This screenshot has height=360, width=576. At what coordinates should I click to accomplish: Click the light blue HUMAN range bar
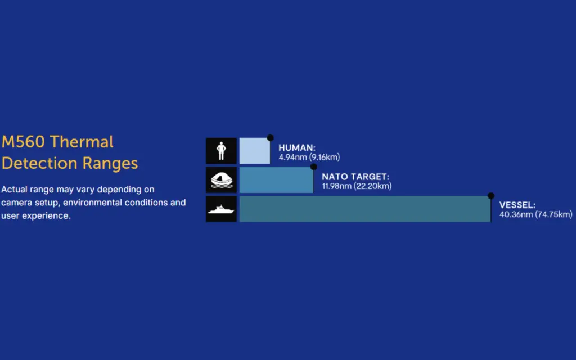tap(255, 151)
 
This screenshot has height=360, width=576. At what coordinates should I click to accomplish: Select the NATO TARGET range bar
tap(276, 179)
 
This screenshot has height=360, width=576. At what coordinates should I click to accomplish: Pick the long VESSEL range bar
tap(365, 209)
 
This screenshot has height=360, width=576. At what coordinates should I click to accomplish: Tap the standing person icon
tap(221, 151)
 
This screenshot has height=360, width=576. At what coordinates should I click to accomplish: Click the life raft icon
tap(221, 180)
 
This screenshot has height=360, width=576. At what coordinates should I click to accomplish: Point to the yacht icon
tap(221, 209)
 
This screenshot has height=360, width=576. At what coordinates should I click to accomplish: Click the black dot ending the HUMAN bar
tap(271, 138)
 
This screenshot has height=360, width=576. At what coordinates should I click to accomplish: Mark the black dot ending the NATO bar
tap(314, 166)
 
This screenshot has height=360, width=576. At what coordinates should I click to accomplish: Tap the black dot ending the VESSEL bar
tap(490, 196)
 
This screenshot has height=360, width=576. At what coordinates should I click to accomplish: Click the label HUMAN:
tap(297, 148)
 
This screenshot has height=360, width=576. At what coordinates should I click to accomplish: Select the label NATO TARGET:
tap(355, 177)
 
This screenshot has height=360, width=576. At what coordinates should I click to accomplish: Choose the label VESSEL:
tap(517, 205)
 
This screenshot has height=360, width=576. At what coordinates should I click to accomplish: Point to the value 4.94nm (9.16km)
tap(309, 157)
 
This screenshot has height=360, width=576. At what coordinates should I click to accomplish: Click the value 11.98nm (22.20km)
tap(357, 186)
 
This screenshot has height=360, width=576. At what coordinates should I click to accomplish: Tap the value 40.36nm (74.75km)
tap(535, 214)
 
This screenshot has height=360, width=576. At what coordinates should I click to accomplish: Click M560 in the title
tap(23, 142)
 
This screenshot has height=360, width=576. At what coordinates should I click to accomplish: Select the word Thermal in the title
tap(81, 142)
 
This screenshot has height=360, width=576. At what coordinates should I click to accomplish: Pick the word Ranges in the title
tap(110, 164)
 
